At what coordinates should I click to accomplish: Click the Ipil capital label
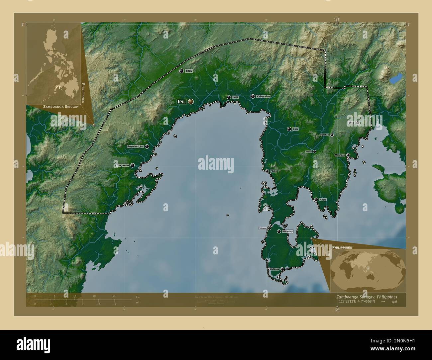[181, 102]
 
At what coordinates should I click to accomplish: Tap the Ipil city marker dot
[191, 102]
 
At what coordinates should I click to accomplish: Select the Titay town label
[189, 71]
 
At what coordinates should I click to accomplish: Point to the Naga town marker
[229, 97]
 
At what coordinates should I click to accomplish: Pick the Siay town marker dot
[289, 129]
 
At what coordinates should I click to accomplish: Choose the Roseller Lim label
[135, 146]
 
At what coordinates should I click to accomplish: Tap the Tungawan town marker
[132, 165]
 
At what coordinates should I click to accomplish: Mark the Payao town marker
[267, 171]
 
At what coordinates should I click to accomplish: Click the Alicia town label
[323, 200]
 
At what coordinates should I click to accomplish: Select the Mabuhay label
[287, 231]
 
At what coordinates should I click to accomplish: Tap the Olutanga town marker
[282, 269]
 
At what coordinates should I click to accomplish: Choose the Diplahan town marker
[332, 135]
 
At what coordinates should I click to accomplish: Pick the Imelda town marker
[314, 151]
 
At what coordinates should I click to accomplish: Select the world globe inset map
[368, 269]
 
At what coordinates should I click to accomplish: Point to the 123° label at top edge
[337, 20]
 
